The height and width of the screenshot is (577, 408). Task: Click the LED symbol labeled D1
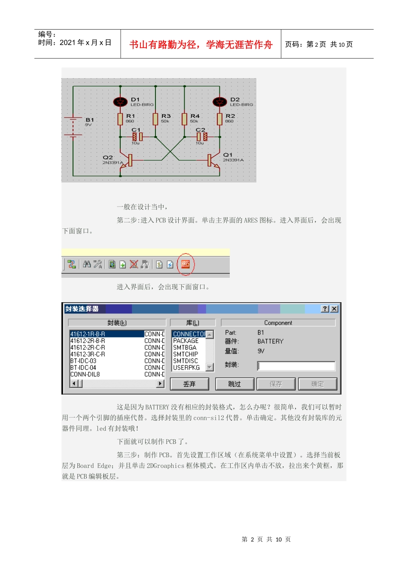(x=120, y=102)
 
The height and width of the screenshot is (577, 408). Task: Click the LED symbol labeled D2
(x=220, y=102)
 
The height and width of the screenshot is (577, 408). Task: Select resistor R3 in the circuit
(x=155, y=119)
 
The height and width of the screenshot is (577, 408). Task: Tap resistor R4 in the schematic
(x=185, y=119)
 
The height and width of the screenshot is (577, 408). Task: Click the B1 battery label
(x=90, y=120)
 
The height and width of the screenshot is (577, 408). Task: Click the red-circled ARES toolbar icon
(x=186, y=264)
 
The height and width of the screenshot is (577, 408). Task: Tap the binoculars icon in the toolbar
(x=87, y=264)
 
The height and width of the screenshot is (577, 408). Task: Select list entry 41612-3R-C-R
(x=88, y=354)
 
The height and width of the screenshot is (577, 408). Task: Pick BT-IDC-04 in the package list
(x=83, y=367)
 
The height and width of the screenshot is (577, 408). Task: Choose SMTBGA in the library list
(x=185, y=347)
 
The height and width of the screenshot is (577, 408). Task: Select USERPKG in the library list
(x=186, y=367)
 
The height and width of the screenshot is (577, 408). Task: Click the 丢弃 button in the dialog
(x=189, y=384)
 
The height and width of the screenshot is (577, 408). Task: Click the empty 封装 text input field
(x=296, y=366)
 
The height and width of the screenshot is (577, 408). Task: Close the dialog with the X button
(x=334, y=309)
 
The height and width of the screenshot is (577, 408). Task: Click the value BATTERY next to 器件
(x=271, y=341)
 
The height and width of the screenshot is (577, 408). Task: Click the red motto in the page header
(x=201, y=45)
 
